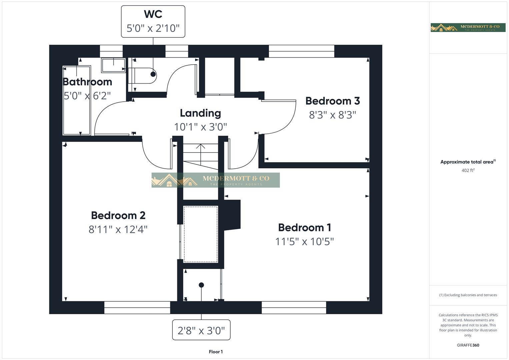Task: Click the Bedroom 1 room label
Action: point(304,227)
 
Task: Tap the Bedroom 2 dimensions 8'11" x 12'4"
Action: point(118,229)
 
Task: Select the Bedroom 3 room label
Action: point(332,101)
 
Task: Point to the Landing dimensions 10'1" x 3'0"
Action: point(200,127)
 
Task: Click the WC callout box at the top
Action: point(153,21)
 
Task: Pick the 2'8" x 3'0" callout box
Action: point(201,330)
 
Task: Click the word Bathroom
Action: point(87,82)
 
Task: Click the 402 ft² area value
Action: point(468,170)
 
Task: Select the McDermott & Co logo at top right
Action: point(468,28)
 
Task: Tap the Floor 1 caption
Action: point(216,352)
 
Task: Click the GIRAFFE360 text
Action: point(468,345)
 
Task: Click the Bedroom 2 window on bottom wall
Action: point(137,307)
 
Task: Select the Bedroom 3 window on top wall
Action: point(301,51)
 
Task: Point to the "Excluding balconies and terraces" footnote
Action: point(468,295)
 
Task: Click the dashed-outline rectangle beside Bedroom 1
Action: point(201,234)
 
